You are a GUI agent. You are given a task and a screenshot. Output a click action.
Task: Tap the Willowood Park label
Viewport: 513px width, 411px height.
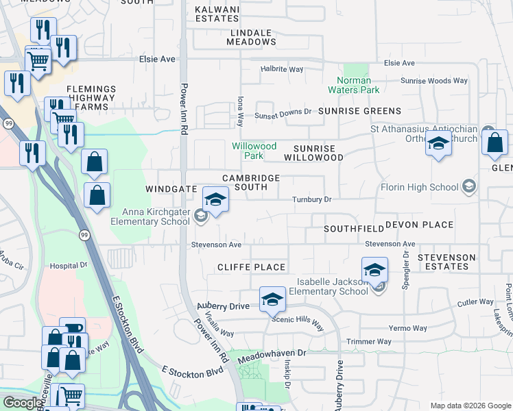tap(254, 151)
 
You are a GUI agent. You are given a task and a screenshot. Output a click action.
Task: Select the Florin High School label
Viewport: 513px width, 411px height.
tap(419, 187)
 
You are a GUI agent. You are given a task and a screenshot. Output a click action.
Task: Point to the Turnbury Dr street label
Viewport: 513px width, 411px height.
tap(312, 199)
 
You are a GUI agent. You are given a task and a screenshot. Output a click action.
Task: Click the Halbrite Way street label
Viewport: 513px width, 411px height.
tap(282, 69)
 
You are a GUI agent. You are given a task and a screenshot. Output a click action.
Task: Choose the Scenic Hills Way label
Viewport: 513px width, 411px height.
tap(298, 319)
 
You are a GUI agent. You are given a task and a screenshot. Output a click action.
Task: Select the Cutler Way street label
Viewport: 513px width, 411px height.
tap(475, 301)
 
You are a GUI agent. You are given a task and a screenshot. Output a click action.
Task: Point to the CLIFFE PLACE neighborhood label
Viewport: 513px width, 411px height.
tap(251, 266)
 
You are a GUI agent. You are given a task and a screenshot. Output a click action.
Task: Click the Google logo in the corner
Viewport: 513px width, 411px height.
tap(23, 403)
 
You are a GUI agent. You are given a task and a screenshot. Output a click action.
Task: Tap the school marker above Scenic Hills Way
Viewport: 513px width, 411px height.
tap(272, 299)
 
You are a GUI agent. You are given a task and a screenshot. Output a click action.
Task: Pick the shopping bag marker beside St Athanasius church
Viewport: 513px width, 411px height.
tap(494, 143)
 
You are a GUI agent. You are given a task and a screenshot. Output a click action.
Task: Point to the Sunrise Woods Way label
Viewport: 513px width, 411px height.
tap(434, 81)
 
